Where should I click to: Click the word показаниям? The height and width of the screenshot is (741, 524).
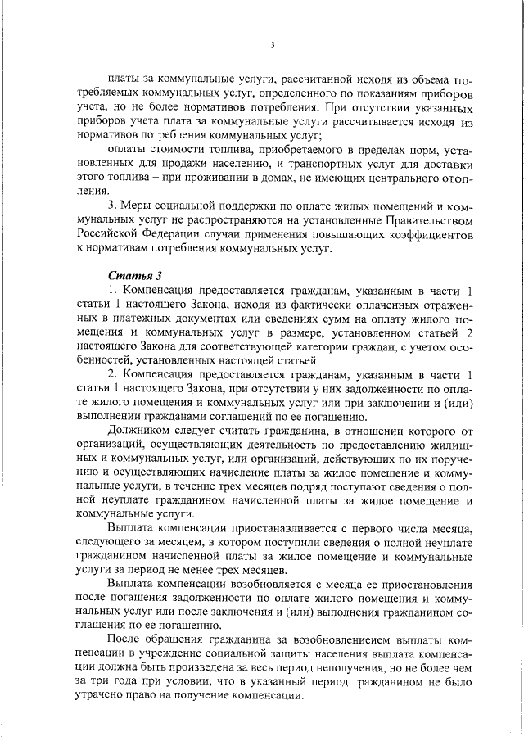(x=387, y=93)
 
